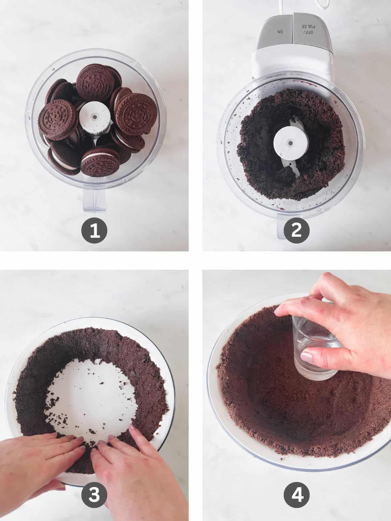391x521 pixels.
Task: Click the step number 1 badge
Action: click(x=94, y=231)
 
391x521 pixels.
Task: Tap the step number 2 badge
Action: click(x=297, y=231)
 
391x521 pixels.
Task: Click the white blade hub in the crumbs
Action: click(x=288, y=143)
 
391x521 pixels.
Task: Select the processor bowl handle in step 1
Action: click(x=95, y=200)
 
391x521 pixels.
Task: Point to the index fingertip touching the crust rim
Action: click(x=279, y=312)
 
